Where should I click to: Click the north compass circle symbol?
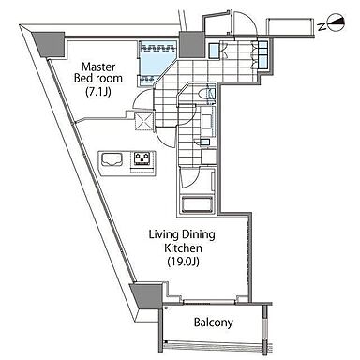337,22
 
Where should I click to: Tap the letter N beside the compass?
322,27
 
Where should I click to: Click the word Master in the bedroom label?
98,67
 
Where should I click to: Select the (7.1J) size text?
98,92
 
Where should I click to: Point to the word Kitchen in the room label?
183,248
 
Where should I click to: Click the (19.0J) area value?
183,262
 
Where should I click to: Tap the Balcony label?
214,322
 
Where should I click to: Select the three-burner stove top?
143,158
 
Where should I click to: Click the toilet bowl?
207,94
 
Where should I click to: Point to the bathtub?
197,204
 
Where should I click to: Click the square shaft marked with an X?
143,121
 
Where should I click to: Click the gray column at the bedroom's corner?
49,45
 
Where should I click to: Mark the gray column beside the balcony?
147,295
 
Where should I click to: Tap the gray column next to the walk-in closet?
191,45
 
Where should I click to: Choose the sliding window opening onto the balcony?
209,302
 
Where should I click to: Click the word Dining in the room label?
199,235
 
